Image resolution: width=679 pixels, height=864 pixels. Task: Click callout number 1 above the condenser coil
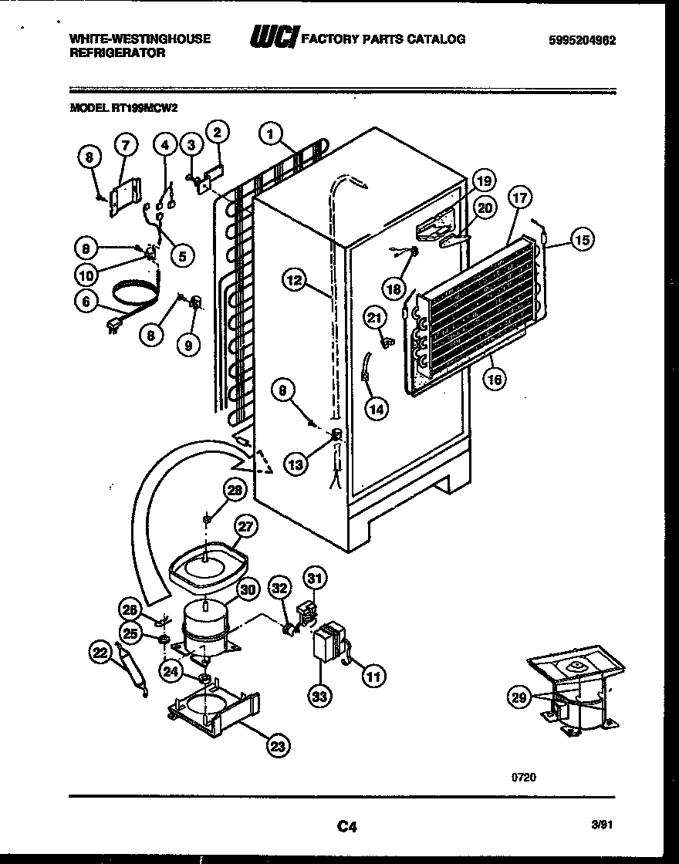(x=269, y=133)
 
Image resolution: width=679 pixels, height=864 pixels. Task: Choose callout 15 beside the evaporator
(x=583, y=240)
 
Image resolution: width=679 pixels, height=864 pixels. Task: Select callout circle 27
(x=245, y=528)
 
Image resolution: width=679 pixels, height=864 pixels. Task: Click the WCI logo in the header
(x=273, y=38)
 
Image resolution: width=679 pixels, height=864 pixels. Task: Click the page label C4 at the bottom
(x=346, y=827)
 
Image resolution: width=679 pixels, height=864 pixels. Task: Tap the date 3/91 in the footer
(x=603, y=825)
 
